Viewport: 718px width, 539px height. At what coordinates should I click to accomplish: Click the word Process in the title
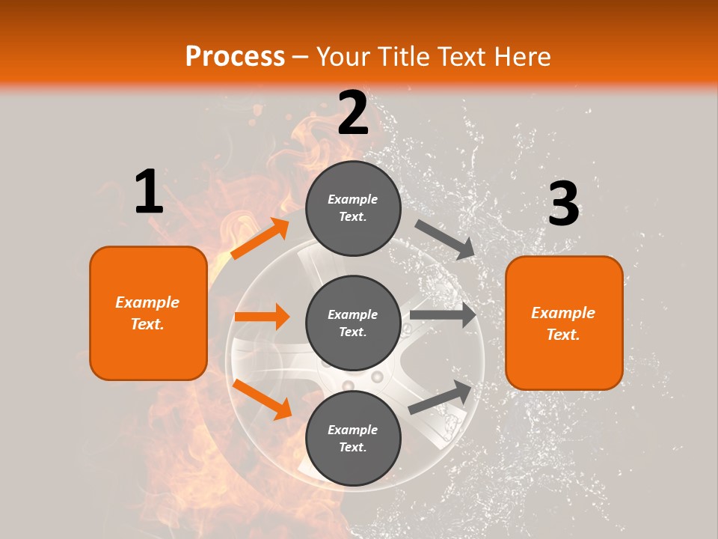235,56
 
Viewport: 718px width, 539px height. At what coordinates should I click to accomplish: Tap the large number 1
149,192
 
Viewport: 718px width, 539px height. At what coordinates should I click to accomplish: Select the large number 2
353,113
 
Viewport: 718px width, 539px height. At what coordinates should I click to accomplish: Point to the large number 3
563,204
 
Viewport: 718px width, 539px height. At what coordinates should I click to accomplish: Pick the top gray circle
353,208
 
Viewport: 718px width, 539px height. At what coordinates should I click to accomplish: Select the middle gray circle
353,323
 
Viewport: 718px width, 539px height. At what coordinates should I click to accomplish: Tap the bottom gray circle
353,438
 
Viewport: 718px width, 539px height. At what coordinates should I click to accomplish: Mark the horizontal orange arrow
262,317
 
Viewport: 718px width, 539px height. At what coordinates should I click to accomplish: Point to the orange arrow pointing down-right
262,399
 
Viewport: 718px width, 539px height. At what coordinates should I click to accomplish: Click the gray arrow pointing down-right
444,239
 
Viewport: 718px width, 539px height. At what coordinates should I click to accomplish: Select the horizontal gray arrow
443,314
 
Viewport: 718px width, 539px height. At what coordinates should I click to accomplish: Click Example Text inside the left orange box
147,313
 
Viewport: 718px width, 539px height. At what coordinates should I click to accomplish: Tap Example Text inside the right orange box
563,323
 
